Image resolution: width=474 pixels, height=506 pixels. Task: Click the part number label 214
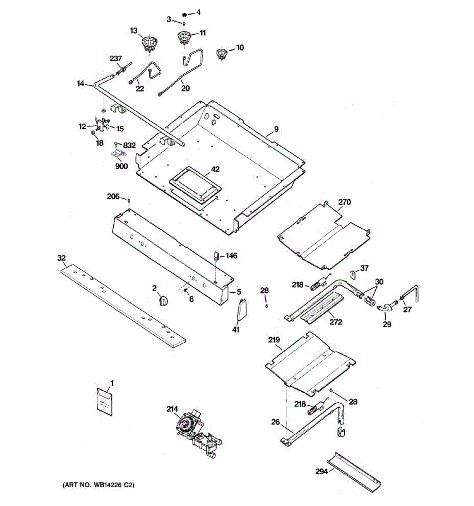point(172,417)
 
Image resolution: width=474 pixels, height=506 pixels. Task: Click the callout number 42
point(215,169)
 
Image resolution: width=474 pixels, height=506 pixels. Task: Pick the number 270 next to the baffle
point(344,202)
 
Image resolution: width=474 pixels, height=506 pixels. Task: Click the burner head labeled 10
point(222,54)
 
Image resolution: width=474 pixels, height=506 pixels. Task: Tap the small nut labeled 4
point(185,14)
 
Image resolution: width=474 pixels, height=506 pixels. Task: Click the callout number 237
point(116,59)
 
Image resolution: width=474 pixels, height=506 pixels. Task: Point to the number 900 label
point(121,166)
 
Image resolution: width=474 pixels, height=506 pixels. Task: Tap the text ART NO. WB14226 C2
point(98,485)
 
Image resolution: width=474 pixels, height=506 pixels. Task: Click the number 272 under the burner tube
point(336,322)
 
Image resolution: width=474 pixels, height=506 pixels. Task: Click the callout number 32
point(62,258)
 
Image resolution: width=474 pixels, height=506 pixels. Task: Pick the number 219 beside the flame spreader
point(274,339)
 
